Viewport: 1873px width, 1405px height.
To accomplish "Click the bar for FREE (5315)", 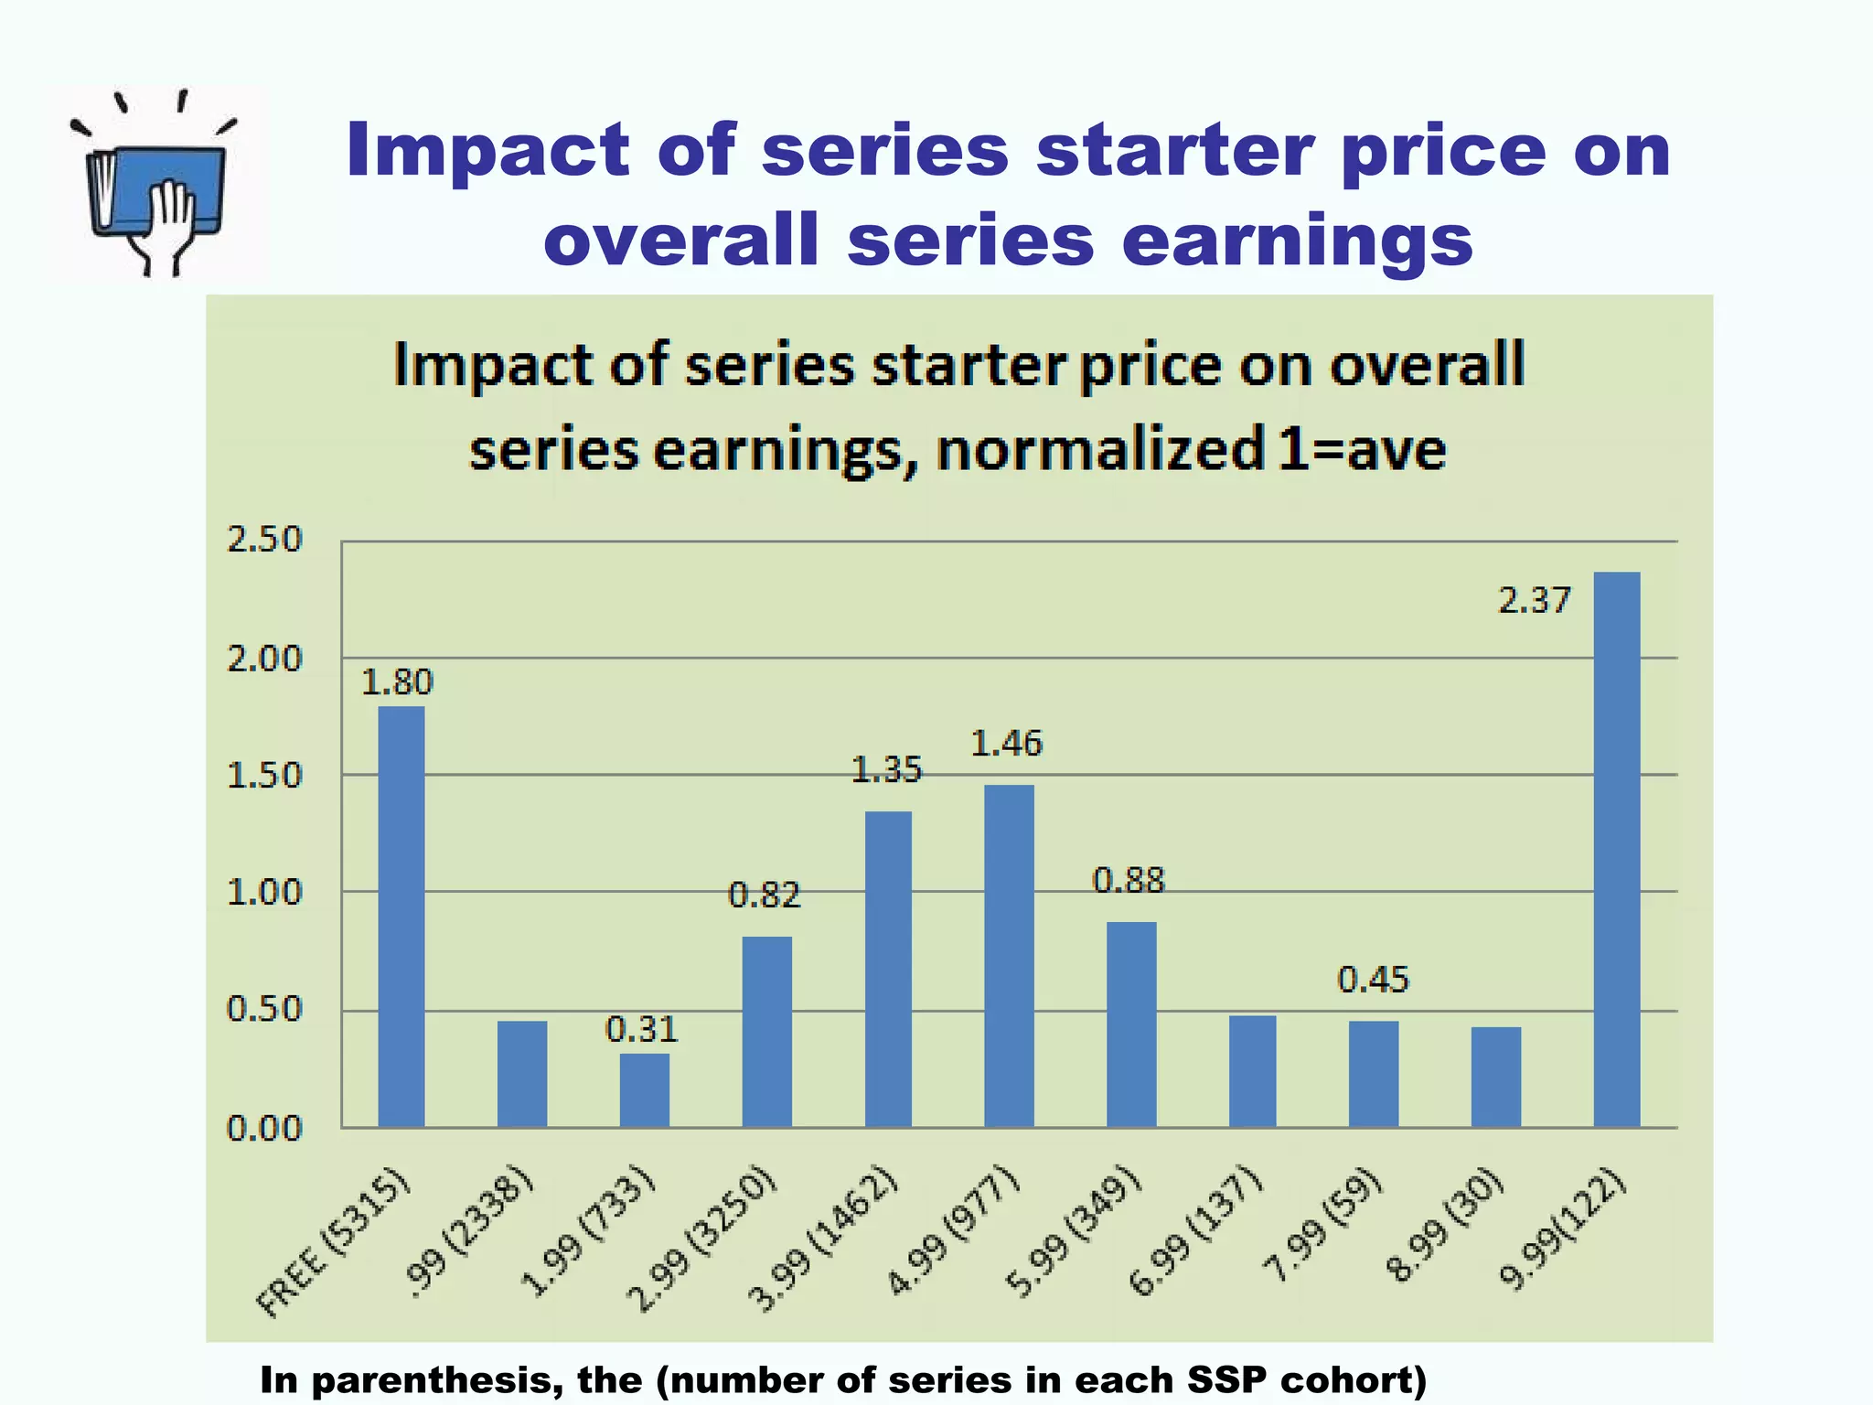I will click(401, 916).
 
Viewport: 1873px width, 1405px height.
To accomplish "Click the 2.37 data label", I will click(1535, 600).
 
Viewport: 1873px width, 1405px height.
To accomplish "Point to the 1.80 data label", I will click(397, 682).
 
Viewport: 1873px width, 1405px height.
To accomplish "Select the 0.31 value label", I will click(642, 1030).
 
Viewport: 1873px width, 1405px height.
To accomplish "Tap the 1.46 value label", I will click(1006, 743).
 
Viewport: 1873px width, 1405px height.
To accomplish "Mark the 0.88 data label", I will click(1129, 880).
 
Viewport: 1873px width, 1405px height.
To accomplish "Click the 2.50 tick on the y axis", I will click(264, 540).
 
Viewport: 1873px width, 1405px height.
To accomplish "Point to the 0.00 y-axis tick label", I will click(264, 1129).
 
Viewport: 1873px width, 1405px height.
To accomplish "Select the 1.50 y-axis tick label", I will click(264, 776).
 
